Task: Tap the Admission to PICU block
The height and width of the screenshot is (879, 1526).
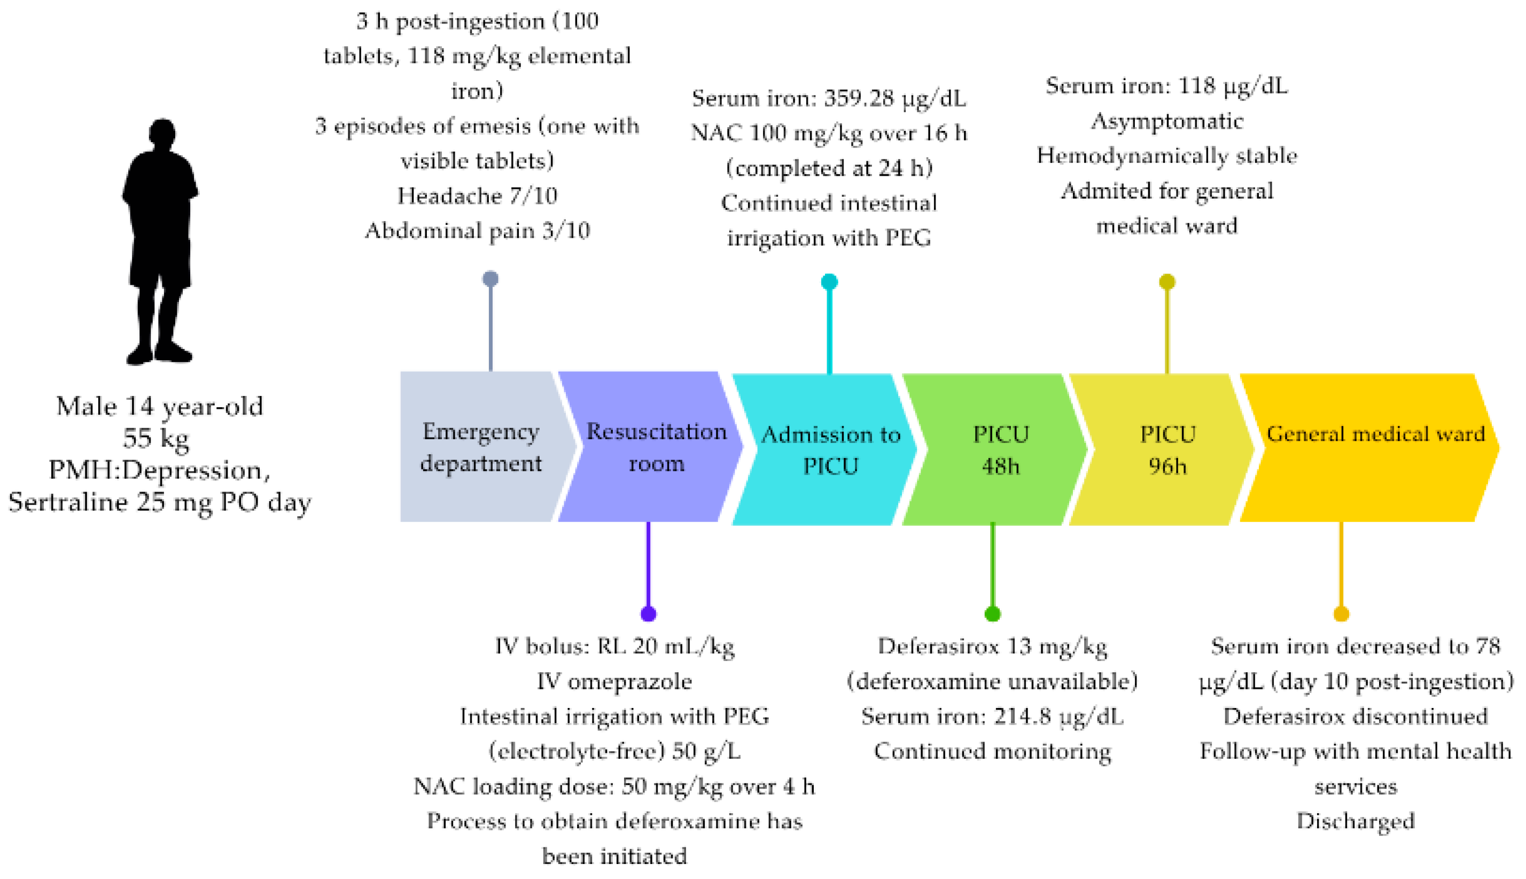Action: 829,450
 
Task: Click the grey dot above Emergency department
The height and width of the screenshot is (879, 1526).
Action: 490,279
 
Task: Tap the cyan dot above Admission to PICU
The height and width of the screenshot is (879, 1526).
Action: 829,281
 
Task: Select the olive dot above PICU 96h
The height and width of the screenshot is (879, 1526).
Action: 1167,281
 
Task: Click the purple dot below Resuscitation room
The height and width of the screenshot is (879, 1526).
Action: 648,614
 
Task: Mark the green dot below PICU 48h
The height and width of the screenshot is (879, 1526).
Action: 992,614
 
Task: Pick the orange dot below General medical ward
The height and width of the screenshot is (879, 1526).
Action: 1341,614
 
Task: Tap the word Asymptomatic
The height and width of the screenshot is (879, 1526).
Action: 1166,121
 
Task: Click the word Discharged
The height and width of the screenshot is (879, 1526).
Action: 1355,821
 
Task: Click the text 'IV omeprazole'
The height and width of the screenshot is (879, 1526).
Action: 614,682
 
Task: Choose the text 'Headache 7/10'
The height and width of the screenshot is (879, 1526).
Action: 477,196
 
